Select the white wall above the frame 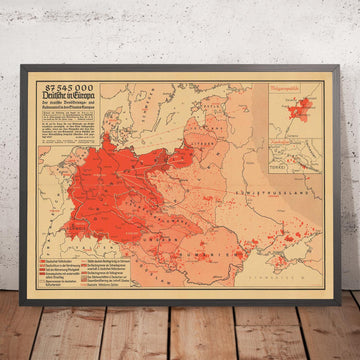(x=180, y=25)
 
